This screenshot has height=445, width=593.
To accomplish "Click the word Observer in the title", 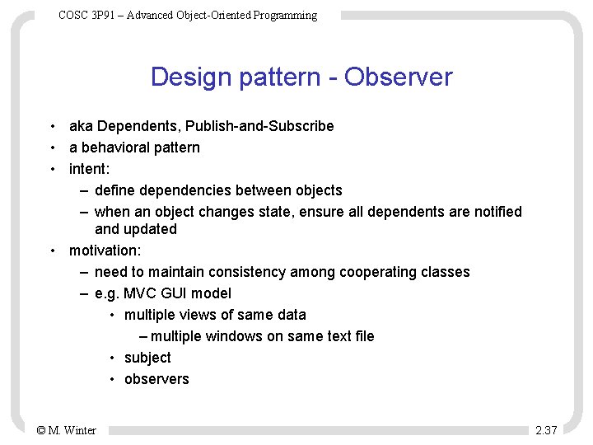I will pyautogui.click(x=399, y=77).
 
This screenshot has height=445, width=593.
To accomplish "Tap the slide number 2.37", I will pyautogui.click(x=546, y=430).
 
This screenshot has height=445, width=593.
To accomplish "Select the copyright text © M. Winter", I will pyautogui.click(x=67, y=430).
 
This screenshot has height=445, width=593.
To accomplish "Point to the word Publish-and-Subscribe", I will pyautogui.click(x=259, y=126).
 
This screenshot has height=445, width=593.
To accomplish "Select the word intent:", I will pyautogui.click(x=89, y=169).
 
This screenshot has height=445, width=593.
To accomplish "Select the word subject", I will pyautogui.click(x=147, y=358).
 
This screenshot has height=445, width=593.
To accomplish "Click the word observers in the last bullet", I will pyautogui.click(x=156, y=379).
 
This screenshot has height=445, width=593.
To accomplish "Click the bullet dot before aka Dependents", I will pyautogui.click(x=52, y=126).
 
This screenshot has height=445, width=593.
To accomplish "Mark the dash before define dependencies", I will pyautogui.click(x=85, y=190).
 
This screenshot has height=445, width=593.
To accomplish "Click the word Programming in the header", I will pyautogui.click(x=285, y=16).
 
